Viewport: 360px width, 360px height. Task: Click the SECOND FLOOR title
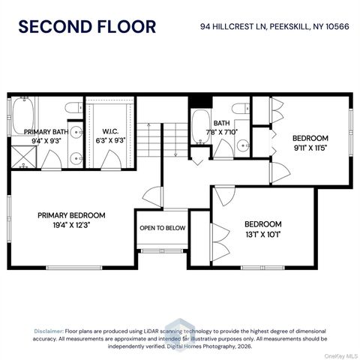tap(87, 27)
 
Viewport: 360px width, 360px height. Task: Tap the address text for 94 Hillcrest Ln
tap(274, 26)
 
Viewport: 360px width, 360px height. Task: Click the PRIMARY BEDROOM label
tap(71, 215)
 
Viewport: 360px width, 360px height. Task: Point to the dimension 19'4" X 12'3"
tap(71, 225)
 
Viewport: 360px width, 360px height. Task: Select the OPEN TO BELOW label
tap(163, 228)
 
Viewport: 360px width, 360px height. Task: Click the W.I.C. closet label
tap(110, 131)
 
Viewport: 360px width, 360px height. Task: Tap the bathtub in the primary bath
tap(23, 116)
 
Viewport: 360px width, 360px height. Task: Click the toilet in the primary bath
tap(73, 108)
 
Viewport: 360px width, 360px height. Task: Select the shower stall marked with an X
tap(24, 157)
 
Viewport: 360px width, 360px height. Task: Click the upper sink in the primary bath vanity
tap(76, 131)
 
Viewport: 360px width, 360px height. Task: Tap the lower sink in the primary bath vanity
tap(76, 158)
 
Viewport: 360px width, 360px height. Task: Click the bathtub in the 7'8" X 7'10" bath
tap(200, 127)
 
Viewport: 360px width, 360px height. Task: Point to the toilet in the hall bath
tap(241, 109)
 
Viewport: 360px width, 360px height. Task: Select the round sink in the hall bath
tap(243, 145)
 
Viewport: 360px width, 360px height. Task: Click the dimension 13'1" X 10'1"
tap(263, 235)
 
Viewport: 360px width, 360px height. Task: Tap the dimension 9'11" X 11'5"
tap(310, 148)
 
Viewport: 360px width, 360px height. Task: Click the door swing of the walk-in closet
tap(111, 160)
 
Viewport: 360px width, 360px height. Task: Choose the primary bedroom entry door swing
tap(153, 197)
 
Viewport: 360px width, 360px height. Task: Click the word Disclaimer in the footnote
tap(49, 331)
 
